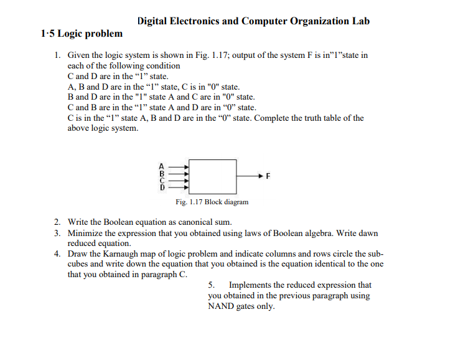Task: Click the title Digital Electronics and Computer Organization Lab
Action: click(x=253, y=21)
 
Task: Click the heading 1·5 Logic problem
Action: click(x=82, y=34)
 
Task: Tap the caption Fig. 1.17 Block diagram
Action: click(x=212, y=202)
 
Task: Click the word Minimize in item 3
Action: click(x=85, y=234)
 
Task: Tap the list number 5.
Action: click(x=211, y=285)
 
